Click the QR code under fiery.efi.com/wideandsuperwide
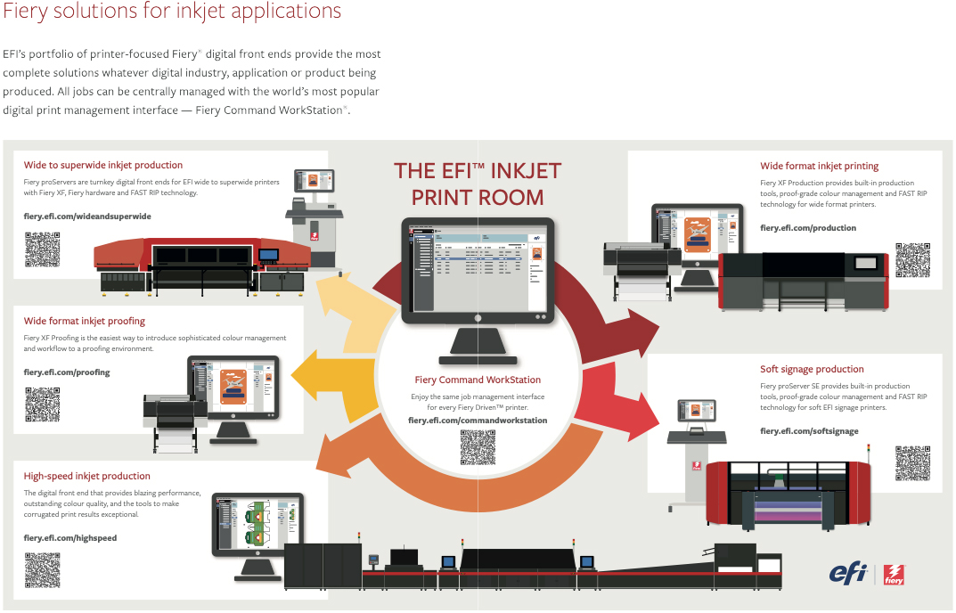click(x=42, y=249)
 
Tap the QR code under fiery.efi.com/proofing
click(x=42, y=405)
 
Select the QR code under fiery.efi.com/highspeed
click(x=42, y=570)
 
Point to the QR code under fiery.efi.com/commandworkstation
click(x=478, y=447)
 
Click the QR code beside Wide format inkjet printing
click(x=912, y=260)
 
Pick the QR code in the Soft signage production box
click(x=912, y=462)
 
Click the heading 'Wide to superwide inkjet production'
click(x=103, y=165)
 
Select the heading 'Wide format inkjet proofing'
click(x=85, y=321)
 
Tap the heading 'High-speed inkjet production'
click(x=87, y=476)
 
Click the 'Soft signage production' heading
click(x=812, y=369)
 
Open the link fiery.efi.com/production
click(x=808, y=228)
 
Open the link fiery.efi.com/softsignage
click(x=809, y=431)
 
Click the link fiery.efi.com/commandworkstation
click(x=478, y=420)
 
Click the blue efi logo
click(x=847, y=573)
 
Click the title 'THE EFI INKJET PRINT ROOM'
click(x=478, y=183)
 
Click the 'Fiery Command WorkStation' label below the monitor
click(x=478, y=380)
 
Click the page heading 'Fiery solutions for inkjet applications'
click(x=172, y=12)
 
